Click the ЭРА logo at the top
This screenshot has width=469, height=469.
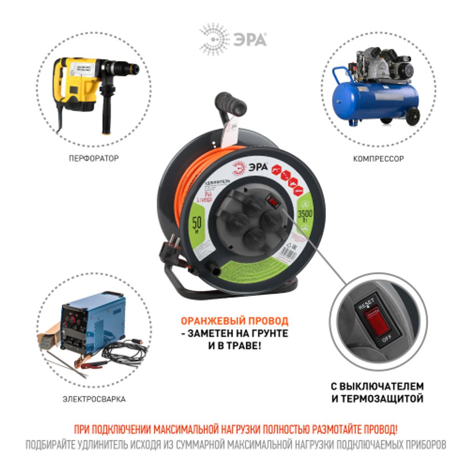click(234, 39)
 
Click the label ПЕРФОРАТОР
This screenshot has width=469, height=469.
click(93, 159)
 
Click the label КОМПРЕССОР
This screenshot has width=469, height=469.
click(378, 159)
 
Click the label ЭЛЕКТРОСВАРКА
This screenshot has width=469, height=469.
click(94, 400)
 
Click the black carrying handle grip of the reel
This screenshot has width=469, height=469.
click(231, 103)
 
